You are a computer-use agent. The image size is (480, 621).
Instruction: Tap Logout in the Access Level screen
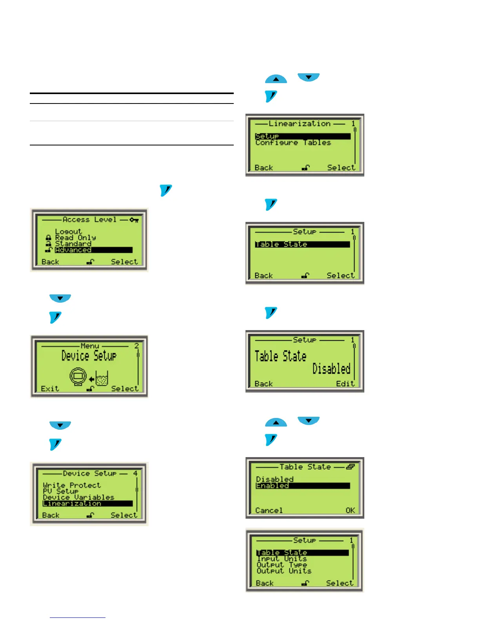68,231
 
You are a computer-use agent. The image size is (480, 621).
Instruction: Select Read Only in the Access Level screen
75,238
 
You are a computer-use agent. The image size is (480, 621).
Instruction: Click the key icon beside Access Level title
134,220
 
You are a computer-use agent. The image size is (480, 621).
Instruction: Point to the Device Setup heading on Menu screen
89,356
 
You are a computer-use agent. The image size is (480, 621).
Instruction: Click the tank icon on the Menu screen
102,378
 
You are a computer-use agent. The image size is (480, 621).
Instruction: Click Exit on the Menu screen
50,389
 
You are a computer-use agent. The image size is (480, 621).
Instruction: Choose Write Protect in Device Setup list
72,485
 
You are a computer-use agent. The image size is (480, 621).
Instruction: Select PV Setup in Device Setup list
61,491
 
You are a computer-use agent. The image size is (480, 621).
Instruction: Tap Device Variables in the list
78,497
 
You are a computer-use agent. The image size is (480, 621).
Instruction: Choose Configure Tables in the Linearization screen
293,143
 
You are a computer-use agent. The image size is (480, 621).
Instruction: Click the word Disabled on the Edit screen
331,369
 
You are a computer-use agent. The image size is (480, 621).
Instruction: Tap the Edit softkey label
345,384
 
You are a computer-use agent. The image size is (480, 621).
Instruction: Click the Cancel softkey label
269,510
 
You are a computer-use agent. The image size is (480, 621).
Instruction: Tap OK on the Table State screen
350,510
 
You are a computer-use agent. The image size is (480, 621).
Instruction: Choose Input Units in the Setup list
282,559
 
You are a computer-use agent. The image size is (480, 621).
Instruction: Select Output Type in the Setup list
282,565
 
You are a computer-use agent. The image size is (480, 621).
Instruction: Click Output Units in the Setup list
284,571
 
